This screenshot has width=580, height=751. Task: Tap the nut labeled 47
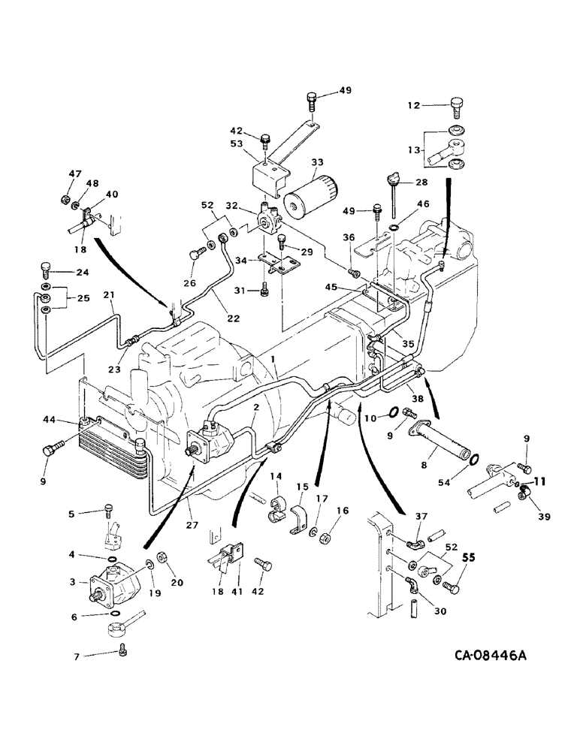pos(65,200)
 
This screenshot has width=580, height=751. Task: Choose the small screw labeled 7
pos(122,651)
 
